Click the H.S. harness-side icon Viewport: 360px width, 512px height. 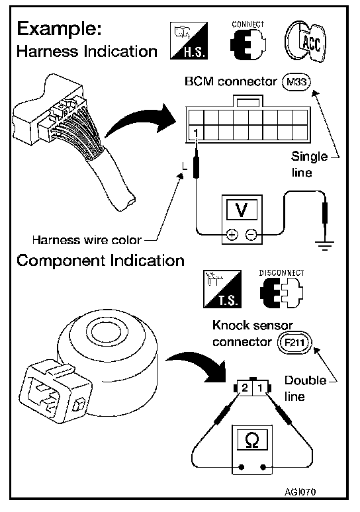coord(189,40)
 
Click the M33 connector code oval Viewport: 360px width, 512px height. coord(296,81)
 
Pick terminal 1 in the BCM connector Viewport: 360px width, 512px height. coord(196,133)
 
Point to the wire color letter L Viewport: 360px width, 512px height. coord(185,167)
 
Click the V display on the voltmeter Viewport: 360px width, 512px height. coord(242,210)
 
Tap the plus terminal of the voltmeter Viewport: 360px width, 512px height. coord(232,234)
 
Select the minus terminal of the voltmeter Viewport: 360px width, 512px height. coord(251,234)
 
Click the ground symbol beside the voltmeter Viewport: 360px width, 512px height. coord(324,244)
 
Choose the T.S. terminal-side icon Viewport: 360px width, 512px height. coord(222,289)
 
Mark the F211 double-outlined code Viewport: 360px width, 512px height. coord(294,343)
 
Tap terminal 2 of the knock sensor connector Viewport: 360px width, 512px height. coord(245,388)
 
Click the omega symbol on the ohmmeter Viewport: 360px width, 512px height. coord(252,440)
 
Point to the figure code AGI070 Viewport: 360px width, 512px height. coord(300,491)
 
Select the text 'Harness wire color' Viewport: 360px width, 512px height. coord(87,240)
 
